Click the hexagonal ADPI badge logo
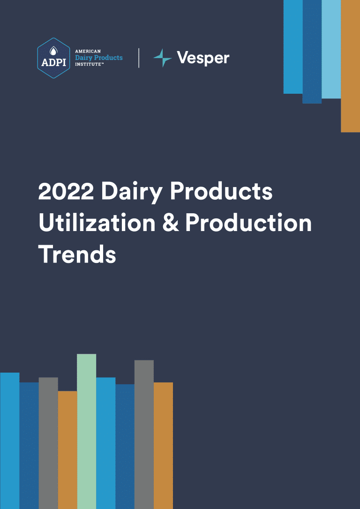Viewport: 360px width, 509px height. pyautogui.click(x=53, y=58)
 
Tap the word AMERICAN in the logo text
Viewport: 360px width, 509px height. pyautogui.click(x=88, y=51)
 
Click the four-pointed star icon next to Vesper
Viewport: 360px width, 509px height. pyautogui.click(x=162, y=58)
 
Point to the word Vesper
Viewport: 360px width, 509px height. pyautogui.click(x=203, y=58)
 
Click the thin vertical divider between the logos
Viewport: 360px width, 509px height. pyautogui.click(x=139, y=58)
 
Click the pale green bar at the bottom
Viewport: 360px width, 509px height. pyautogui.click(x=86, y=431)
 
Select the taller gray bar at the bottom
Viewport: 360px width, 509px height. pyautogui.click(x=144, y=434)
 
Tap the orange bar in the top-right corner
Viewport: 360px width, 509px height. pyautogui.click(x=350, y=66)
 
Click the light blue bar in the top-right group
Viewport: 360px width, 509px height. pyautogui.click(x=331, y=49)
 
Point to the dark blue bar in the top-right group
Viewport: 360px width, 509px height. pyautogui.click(x=312, y=52)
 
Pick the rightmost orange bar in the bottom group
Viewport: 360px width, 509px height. pyautogui.click(x=163, y=446)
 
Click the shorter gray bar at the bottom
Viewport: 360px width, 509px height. pyautogui.click(x=48, y=443)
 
